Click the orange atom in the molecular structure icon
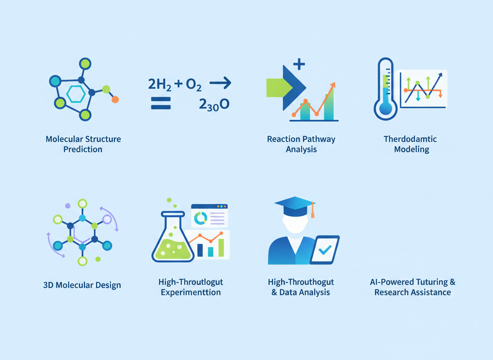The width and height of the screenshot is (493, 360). pos(115,99)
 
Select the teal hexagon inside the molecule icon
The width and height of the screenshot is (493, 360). pos(76,94)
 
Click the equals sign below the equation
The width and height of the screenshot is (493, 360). pos(161,103)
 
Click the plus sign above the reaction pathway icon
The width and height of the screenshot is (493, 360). pos(299,64)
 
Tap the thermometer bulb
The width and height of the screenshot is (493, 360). pos(386,107)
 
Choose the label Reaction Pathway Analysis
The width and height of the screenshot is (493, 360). pos(301,144)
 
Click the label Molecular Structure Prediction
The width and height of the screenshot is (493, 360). pos(83,144)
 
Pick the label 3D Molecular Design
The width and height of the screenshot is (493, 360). pos(82,285)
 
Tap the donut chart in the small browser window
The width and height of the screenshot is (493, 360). pos(201,217)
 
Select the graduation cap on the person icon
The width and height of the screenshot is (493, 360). pos(294,205)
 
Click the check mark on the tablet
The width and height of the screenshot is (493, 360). pos(324,250)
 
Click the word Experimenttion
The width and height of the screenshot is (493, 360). pos(191,292)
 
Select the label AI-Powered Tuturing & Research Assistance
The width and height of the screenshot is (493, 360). pos(412,287)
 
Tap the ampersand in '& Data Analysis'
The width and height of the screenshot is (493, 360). pos(274,292)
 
